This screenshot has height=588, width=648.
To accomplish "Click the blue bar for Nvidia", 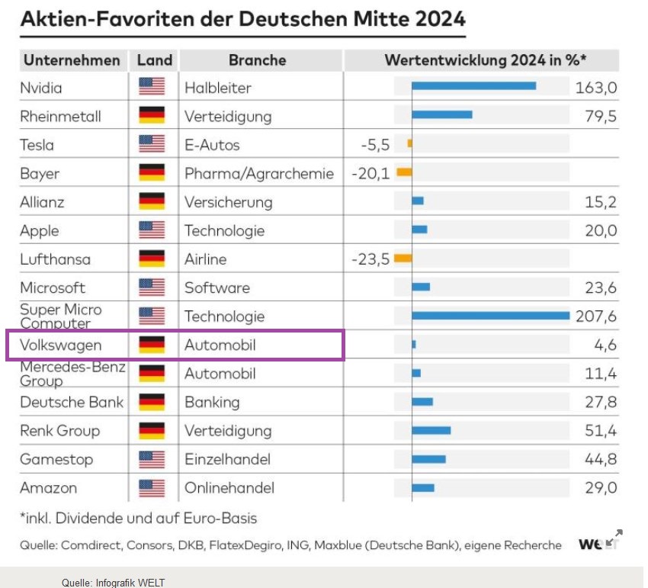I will (473, 86).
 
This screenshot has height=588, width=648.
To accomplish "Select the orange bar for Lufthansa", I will (403, 258).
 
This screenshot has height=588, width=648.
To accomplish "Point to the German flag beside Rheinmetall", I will (152, 116).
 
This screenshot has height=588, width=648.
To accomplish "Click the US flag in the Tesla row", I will (152, 144).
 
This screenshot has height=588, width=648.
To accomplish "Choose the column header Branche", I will (257, 59).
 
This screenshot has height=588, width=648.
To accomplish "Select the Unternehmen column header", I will (72, 59).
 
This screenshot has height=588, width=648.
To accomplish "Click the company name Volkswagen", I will (60, 345).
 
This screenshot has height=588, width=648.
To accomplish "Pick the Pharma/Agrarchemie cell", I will (258, 173).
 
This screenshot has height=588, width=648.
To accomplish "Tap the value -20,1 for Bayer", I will (371, 173).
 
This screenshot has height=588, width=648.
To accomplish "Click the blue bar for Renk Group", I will (431, 430).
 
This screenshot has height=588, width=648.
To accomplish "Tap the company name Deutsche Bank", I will (72, 402).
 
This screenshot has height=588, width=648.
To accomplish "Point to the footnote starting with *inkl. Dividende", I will (138, 518).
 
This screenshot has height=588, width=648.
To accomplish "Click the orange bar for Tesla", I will (409, 143).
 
